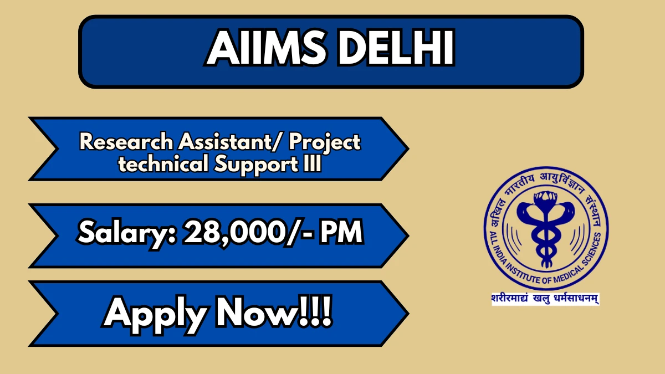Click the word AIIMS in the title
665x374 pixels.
click(265, 48)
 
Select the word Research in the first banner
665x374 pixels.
click(126, 142)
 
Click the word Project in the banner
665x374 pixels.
click(325, 144)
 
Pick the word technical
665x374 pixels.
click(163, 164)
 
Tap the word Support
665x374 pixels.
click(256, 166)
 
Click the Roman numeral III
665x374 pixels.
click(313, 164)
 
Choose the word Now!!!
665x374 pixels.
click(274, 311)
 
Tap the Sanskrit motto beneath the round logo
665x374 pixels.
click(545, 299)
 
